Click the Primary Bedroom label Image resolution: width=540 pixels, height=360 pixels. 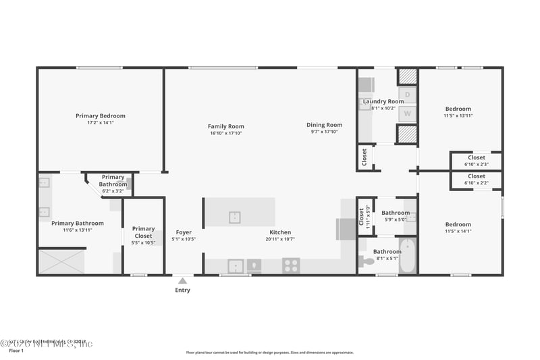point(101,115)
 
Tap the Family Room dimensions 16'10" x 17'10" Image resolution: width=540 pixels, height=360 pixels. point(225,133)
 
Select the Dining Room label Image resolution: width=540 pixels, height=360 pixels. point(325,125)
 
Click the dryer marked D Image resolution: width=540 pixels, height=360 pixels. point(407,94)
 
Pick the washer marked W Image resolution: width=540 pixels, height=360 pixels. point(407,113)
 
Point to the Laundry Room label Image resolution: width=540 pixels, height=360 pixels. point(383,101)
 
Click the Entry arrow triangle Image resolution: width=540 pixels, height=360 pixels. point(182,280)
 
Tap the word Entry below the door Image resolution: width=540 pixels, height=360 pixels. point(182,290)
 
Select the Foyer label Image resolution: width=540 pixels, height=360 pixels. point(184,232)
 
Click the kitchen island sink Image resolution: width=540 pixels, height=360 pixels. point(234,217)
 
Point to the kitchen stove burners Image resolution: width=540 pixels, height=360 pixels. point(291,265)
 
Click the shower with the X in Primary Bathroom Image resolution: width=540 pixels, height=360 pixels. point(61,261)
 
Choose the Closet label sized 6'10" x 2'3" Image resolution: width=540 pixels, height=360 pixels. point(476,157)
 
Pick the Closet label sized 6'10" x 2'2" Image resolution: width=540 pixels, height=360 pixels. point(476,176)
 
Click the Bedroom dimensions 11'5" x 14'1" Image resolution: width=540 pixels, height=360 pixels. point(458,231)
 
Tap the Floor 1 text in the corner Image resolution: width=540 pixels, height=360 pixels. point(16,351)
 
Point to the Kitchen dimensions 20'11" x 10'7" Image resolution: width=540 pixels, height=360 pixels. point(280,239)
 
